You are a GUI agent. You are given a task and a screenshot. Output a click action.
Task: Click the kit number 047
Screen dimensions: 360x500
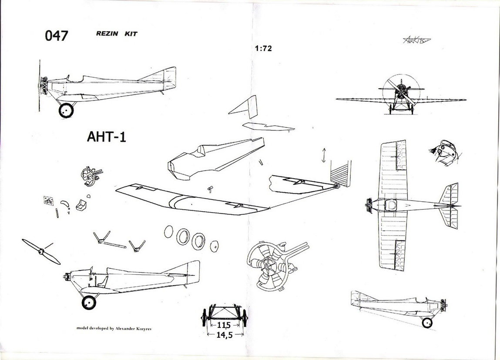tap(57, 36)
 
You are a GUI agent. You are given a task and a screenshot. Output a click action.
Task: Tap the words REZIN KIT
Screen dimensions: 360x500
tap(117, 34)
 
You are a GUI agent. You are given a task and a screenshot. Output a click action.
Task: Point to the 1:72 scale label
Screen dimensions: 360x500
tap(264, 49)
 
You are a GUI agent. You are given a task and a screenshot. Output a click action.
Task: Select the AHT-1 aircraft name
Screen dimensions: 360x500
tap(107, 137)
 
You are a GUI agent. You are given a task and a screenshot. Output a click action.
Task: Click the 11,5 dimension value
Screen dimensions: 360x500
tap(225, 325)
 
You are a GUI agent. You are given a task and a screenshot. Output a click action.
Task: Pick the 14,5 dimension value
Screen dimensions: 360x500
tap(225, 335)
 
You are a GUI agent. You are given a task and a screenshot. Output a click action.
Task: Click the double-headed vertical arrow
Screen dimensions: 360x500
tap(323, 155)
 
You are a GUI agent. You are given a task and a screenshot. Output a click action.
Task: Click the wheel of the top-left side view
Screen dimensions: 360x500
tap(66, 110)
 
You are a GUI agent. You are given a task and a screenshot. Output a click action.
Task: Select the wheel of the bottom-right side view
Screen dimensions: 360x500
tap(427, 322)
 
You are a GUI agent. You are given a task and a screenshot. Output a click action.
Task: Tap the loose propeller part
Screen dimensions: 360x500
tap(41, 251)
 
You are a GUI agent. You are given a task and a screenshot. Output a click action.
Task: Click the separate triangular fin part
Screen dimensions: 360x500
tap(245, 107)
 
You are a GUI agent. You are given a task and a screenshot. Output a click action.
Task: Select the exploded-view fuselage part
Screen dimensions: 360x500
tap(213, 159)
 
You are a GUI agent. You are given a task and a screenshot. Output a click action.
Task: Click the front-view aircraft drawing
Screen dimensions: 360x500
tap(401, 95)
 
